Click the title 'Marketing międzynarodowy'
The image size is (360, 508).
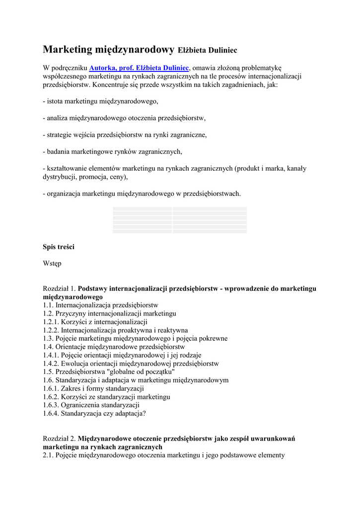[108, 49]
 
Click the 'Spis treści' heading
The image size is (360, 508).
[59, 247]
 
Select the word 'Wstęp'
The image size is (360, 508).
[52, 263]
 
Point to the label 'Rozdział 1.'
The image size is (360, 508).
[60, 288]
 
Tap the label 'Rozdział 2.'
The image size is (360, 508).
[60, 439]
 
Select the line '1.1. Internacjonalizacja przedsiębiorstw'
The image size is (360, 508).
[100, 305]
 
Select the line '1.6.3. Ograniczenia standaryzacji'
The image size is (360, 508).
[91, 405]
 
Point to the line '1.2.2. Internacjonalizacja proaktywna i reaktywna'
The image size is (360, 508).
[115, 330]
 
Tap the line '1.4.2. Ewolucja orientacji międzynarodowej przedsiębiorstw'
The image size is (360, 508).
[131, 363]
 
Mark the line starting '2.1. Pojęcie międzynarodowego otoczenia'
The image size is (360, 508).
[163, 455]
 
